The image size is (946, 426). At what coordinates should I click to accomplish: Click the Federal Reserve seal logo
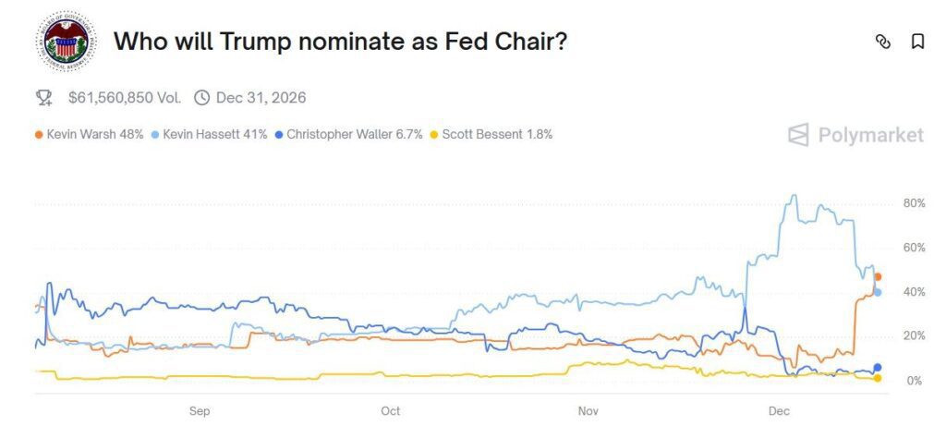pos(66,41)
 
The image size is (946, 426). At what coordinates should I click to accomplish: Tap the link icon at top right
pos(883,42)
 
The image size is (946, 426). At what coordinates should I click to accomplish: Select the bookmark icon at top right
pos(917,42)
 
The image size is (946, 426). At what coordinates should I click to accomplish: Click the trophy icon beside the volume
pos(43,97)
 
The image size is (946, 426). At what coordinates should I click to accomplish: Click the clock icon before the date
pos(201,97)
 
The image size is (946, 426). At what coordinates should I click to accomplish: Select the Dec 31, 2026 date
pos(261,97)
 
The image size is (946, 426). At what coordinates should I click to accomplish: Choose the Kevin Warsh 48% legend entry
pos(89,134)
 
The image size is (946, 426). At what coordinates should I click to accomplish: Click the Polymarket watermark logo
pos(855,135)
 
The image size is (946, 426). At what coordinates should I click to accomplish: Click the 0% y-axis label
pos(914,381)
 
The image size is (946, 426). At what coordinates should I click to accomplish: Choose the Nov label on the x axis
pos(588,409)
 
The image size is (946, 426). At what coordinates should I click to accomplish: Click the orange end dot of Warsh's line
pos(878,276)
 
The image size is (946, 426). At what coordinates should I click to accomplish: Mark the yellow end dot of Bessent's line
pos(878,378)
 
